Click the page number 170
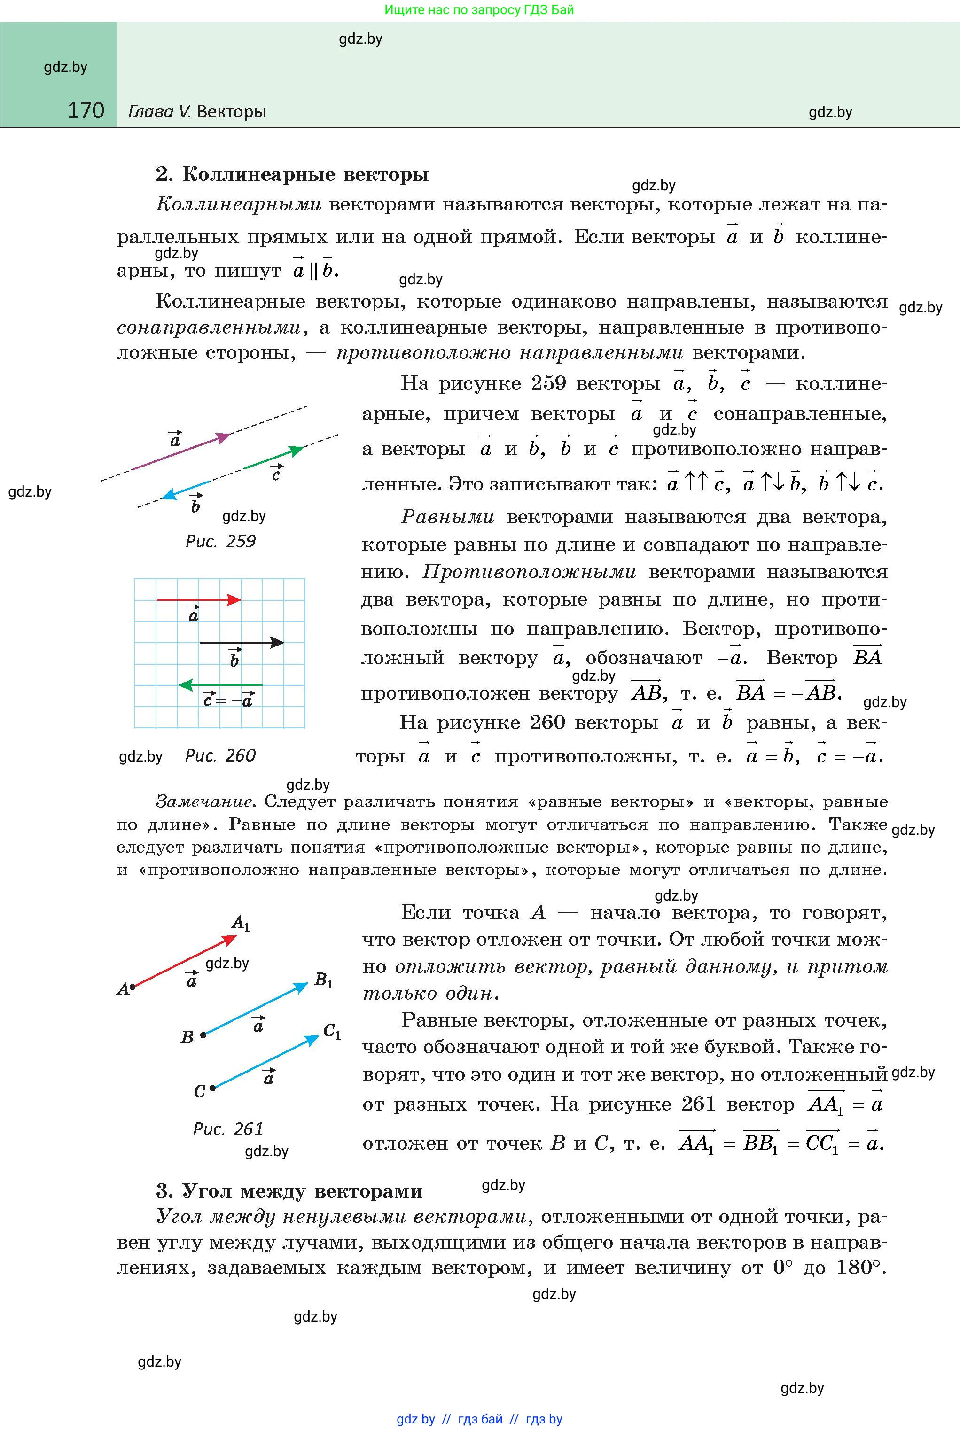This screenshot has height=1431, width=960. point(86,110)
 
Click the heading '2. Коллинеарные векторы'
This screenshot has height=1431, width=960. point(292,174)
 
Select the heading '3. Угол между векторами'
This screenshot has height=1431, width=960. point(289,1190)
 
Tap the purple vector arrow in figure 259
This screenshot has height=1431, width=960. point(180,451)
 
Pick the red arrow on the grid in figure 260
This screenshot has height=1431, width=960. point(199,600)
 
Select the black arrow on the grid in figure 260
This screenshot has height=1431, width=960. point(242,643)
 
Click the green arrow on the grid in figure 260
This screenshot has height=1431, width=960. point(220,685)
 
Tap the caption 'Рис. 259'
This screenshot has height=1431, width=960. point(220,541)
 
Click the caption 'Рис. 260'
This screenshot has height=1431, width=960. point(220,755)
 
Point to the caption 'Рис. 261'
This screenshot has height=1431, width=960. point(228,1128)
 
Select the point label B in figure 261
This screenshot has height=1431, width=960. point(187,1037)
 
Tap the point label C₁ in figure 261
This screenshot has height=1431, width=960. point(332,1032)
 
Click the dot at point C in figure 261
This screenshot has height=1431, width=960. point(212,1088)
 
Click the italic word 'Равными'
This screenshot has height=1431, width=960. point(447,517)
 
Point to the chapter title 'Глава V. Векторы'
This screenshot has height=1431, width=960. point(197,111)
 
